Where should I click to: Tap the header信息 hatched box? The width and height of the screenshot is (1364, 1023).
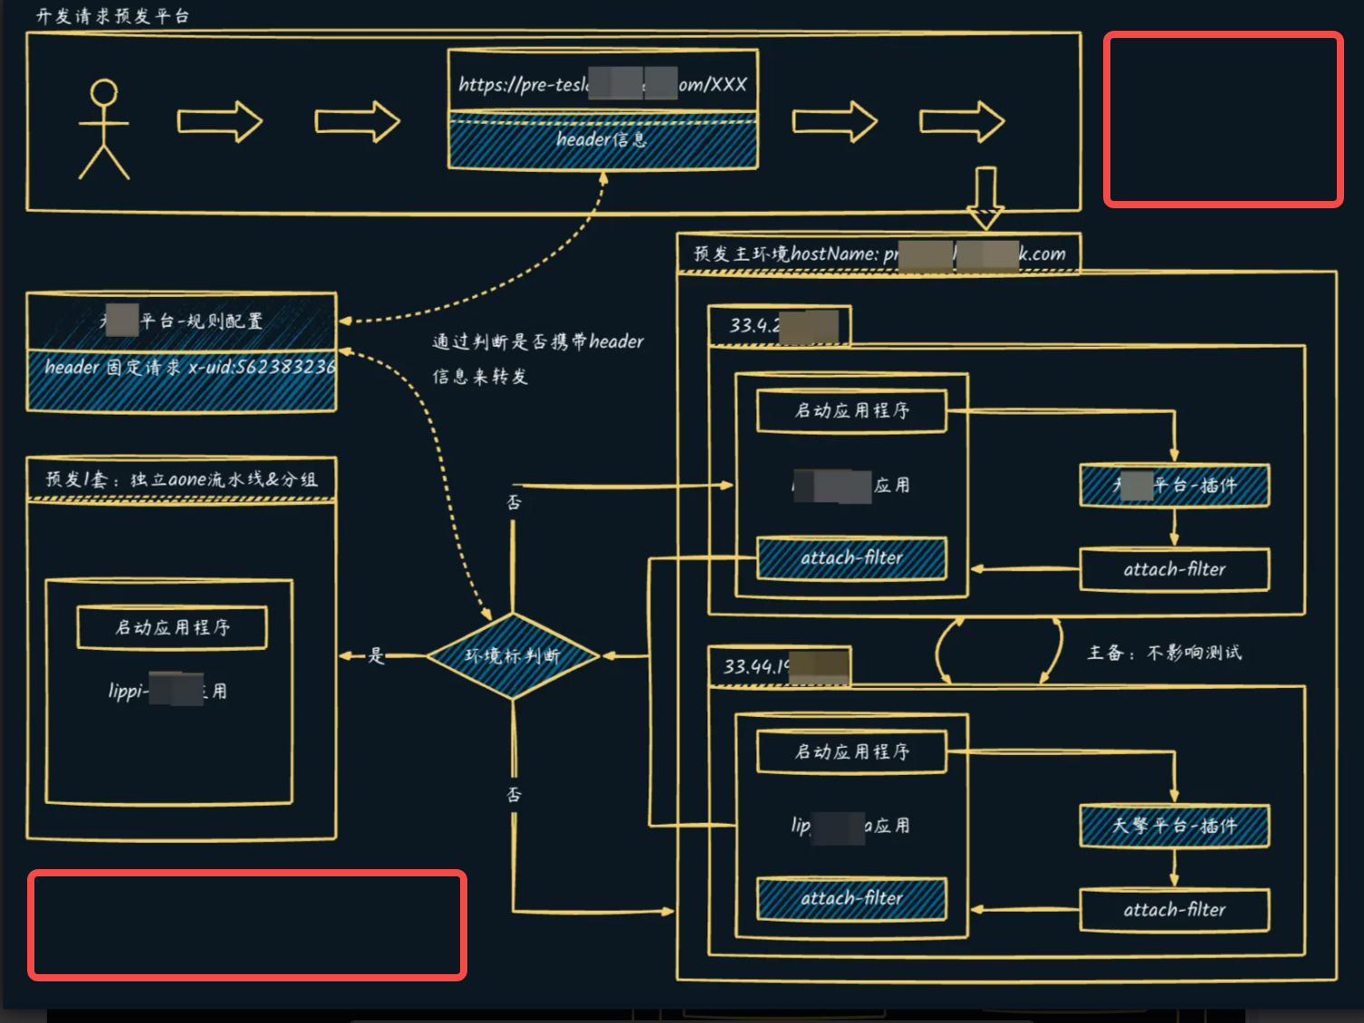point(602,140)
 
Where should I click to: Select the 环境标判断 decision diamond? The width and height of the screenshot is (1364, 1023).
point(513,655)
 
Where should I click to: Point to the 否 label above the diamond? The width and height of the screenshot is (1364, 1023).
point(514,502)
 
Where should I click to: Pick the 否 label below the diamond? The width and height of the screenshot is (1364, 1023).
point(514,794)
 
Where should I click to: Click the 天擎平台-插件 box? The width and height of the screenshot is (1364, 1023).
point(1174,826)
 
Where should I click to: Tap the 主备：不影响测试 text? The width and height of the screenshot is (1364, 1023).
point(1164,653)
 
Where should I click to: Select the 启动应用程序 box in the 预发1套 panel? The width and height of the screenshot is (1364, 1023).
point(172,627)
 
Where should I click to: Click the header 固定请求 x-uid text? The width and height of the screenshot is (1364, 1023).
point(188,368)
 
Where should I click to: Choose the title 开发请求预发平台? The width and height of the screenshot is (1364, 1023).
point(112,16)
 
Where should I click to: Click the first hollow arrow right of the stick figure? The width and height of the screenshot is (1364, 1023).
point(219,121)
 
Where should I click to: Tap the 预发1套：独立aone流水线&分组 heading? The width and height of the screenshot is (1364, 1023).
point(181,479)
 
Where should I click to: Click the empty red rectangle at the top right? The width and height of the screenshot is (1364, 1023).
point(1223,120)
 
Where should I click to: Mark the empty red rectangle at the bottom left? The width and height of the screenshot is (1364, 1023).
point(247,924)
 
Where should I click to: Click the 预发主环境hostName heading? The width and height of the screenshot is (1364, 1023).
point(879,254)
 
